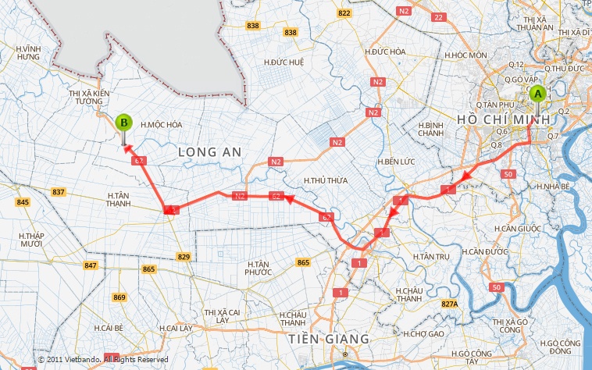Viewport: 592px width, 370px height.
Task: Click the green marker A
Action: point(537,94)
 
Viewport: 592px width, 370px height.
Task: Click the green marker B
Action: point(123,123)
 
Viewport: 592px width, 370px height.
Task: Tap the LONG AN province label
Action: point(209,150)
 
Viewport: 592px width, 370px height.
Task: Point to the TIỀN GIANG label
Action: point(328,340)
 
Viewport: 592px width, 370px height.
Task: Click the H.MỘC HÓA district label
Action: point(161,124)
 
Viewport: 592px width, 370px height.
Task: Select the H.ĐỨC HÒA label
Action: point(385,52)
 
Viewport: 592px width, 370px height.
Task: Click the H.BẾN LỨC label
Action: point(393,162)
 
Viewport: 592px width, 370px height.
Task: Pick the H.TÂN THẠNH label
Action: point(119,199)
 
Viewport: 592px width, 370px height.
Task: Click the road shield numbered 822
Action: point(344,13)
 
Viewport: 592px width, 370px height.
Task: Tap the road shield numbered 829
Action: point(184,257)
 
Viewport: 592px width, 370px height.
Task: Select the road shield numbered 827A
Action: point(449,304)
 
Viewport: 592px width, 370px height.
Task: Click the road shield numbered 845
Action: point(23,203)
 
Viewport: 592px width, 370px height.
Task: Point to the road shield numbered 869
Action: point(119,297)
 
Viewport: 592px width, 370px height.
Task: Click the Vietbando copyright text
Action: point(103,359)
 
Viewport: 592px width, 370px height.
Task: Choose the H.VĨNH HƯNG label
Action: point(28,52)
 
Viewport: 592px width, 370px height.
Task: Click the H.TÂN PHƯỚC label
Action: point(258,268)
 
